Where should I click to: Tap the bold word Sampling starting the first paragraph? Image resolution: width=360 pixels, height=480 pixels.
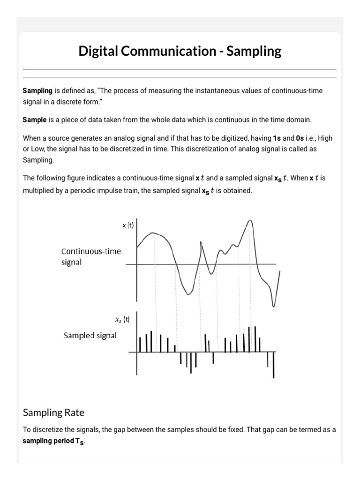(37, 90)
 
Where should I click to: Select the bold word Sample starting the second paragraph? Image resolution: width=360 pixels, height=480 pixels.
(35, 120)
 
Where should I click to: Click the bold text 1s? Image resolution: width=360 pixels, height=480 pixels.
(277, 139)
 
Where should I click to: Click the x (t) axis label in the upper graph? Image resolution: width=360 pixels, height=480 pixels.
(128, 225)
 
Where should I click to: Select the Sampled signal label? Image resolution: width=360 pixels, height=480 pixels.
(90, 336)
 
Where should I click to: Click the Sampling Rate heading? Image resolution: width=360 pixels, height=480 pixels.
(53, 412)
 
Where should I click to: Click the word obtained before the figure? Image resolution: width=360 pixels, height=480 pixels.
(238, 191)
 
